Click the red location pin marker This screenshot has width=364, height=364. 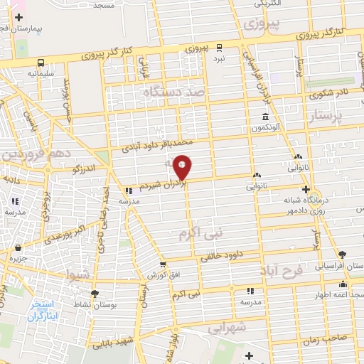183,167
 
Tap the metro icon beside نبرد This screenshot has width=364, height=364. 219,48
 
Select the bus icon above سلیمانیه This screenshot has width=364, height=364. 41,63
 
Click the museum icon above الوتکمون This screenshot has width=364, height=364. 265,117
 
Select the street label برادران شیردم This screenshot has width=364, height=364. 163,184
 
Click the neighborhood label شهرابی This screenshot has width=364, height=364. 227,328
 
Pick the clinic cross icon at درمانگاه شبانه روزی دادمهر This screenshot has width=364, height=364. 306,189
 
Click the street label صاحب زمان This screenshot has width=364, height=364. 328,340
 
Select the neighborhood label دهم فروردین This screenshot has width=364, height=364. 32,154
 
